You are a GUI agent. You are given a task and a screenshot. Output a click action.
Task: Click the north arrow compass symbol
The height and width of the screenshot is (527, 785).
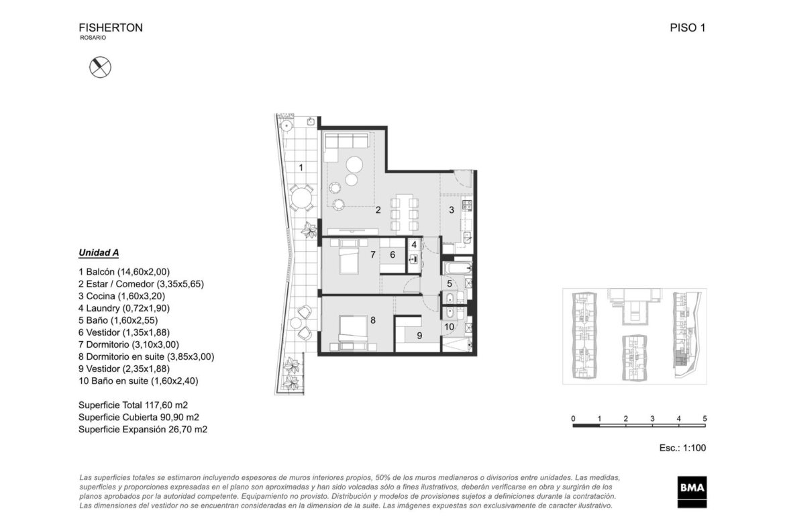[100, 67]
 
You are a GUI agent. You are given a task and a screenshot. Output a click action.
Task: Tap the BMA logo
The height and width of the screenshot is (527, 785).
[692, 491]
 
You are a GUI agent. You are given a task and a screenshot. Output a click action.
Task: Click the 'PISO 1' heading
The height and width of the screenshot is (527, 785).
[687, 28]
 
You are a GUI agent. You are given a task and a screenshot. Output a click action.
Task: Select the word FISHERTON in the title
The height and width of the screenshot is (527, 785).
[111, 28]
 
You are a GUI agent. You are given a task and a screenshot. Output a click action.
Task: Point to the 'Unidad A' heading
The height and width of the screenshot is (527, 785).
[99, 252]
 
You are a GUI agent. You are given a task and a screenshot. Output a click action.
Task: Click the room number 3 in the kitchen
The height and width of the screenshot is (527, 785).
[451, 210]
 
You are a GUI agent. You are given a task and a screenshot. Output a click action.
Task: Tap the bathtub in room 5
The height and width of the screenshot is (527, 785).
[458, 269]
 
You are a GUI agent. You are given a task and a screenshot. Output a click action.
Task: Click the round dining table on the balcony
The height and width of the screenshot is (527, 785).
[301, 198]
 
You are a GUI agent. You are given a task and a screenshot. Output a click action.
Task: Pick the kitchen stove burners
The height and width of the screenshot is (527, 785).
[467, 204]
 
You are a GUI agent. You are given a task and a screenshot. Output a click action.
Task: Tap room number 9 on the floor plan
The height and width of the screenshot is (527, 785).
[419, 336]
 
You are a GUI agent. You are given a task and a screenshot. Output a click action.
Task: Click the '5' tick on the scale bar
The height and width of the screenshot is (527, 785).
[705, 418]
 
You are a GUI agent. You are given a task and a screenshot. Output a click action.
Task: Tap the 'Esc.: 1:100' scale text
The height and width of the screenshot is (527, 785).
[682, 448]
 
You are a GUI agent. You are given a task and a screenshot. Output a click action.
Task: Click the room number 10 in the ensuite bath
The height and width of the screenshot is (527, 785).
[449, 327]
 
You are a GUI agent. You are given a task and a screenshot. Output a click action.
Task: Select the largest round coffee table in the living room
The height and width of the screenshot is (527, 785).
[355, 164]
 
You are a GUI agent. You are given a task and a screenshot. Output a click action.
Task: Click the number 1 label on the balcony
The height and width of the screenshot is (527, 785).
[301, 167]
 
